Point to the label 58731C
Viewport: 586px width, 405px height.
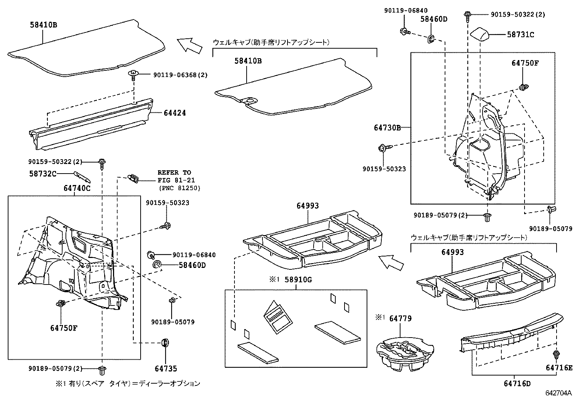tap(520, 35)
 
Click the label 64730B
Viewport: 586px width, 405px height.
tap(387, 128)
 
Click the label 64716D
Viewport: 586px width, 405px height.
tap(517, 384)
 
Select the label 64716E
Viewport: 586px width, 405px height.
tap(559, 367)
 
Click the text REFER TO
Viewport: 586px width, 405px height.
tap(174, 172)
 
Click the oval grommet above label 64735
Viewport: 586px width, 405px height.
tap(165, 342)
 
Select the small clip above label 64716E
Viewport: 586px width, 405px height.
tap(556, 355)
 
